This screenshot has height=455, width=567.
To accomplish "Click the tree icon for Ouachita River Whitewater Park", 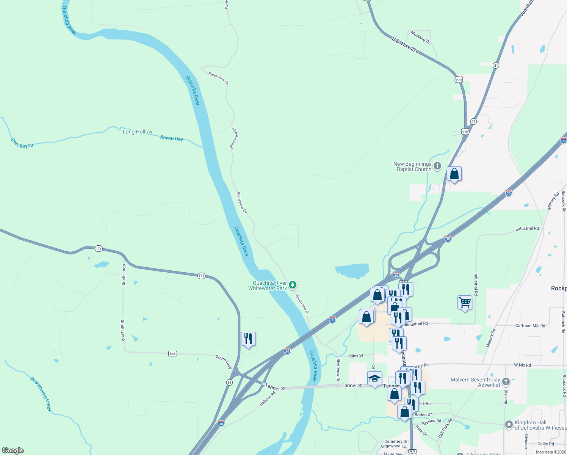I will tap(292, 285).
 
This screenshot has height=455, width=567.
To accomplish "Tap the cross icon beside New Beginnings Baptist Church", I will tap(437, 166).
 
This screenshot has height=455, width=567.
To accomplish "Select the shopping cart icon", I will tap(465, 303).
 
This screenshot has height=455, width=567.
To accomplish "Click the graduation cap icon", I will tap(374, 378).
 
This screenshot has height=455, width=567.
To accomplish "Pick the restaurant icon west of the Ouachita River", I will tap(248, 339).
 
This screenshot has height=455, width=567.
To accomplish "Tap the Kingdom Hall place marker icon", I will tap(509, 425).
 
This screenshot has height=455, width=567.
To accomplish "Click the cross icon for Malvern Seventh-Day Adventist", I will tap(506, 381).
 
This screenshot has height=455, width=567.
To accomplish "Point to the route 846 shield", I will tap(173, 354).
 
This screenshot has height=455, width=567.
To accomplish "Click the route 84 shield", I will tap(229, 383).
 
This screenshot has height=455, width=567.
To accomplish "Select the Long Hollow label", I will tap(138, 132).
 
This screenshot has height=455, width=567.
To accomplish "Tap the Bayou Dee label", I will tap(172, 138).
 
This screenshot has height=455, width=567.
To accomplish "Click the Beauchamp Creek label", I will tap(41, 394).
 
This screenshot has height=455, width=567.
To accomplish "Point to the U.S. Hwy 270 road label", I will tap(406, 45).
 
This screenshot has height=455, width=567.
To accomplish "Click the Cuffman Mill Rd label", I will tap(530, 326).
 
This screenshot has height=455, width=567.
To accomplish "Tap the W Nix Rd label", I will tap(522, 365).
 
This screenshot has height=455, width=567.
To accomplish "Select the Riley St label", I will tap(356, 356).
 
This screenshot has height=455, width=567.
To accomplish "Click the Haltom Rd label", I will tap(268, 399).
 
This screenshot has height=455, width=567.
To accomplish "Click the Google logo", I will tap(13, 450).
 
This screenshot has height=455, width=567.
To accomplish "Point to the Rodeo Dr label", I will tap(423, 415).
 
